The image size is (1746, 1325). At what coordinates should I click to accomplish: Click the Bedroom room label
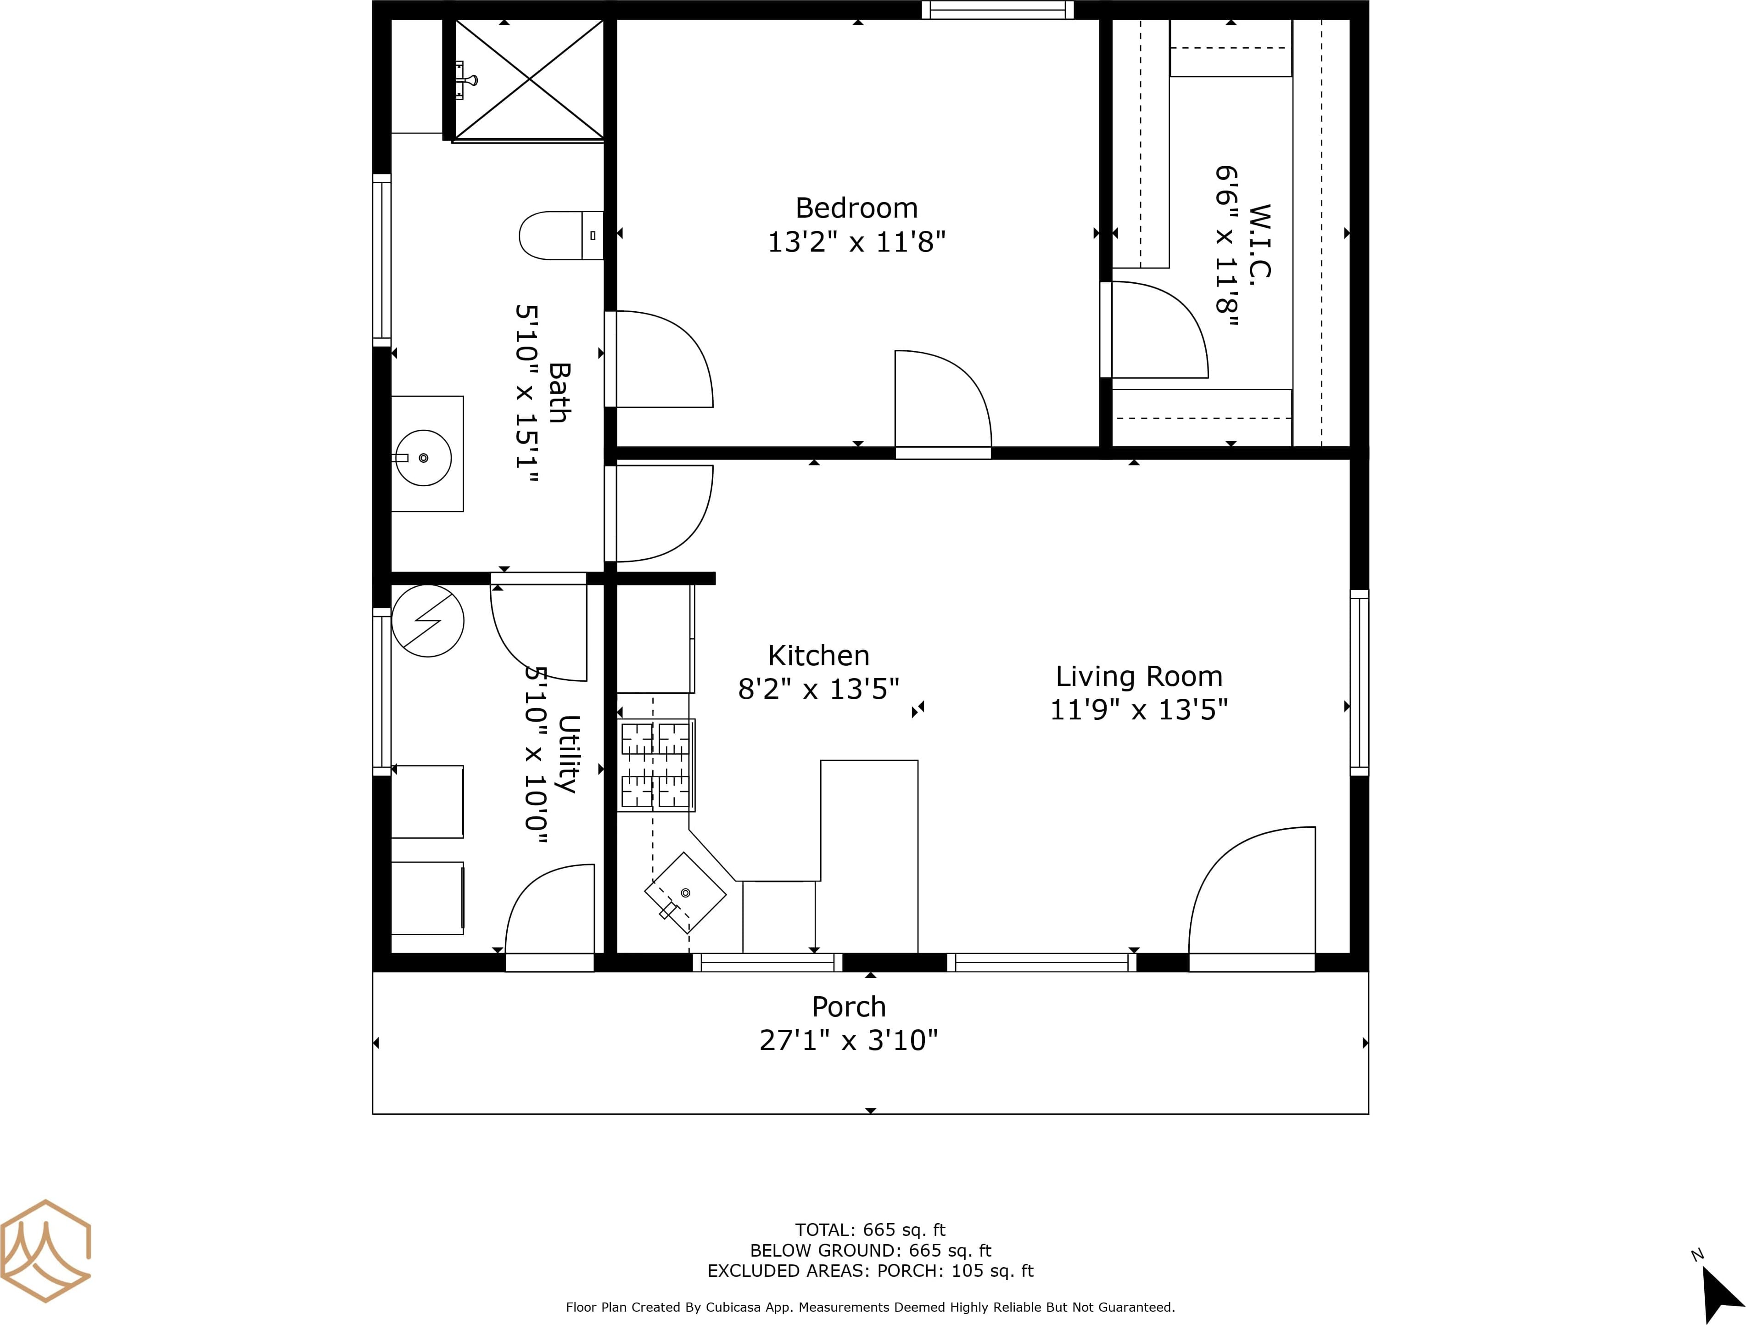856,208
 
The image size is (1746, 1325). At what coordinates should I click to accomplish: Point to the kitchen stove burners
656,765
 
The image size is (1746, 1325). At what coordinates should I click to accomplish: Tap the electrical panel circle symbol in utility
428,621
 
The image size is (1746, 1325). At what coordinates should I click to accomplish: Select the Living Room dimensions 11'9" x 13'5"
1138,710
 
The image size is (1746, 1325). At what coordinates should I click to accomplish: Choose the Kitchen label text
818,656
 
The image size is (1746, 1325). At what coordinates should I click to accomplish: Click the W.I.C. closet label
1260,241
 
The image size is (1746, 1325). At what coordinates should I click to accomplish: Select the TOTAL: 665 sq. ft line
870,1230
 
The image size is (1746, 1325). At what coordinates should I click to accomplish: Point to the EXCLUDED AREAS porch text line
870,1270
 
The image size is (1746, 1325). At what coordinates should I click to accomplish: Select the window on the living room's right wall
1359,682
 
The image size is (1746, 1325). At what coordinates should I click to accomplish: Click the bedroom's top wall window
998,10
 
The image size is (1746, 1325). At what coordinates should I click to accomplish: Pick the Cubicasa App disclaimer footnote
870,1308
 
